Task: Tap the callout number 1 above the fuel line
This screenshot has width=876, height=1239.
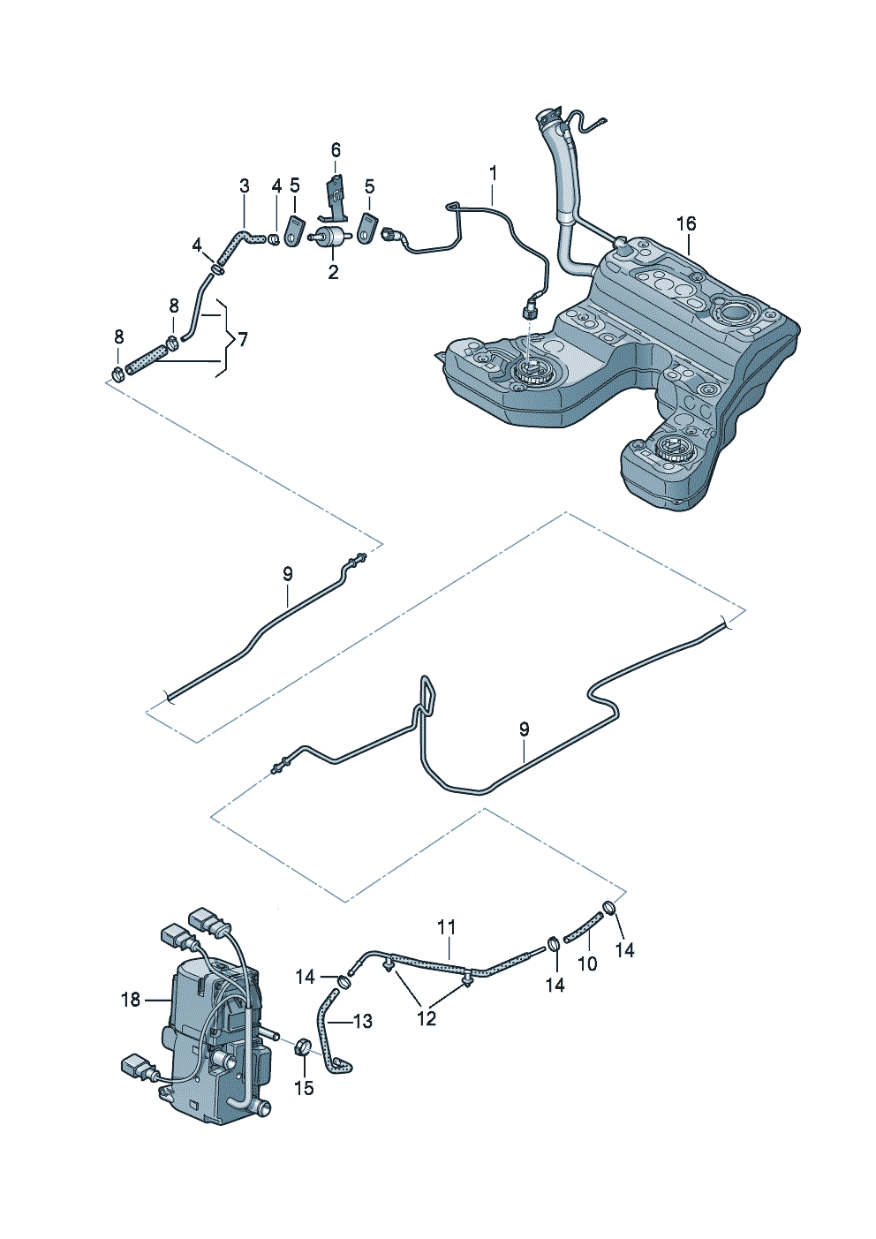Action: click(493, 173)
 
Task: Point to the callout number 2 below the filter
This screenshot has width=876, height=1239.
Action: click(333, 272)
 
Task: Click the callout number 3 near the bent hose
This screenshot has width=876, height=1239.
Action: click(245, 185)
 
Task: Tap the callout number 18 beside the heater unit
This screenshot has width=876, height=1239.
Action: click(131, 1000)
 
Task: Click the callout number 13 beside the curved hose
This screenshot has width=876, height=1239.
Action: click(363, 1021)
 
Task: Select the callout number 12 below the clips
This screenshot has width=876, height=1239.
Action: click(427, 1018)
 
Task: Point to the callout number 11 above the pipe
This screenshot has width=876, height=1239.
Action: click(446, 926)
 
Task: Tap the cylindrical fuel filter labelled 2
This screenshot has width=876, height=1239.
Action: click(332, 236)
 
